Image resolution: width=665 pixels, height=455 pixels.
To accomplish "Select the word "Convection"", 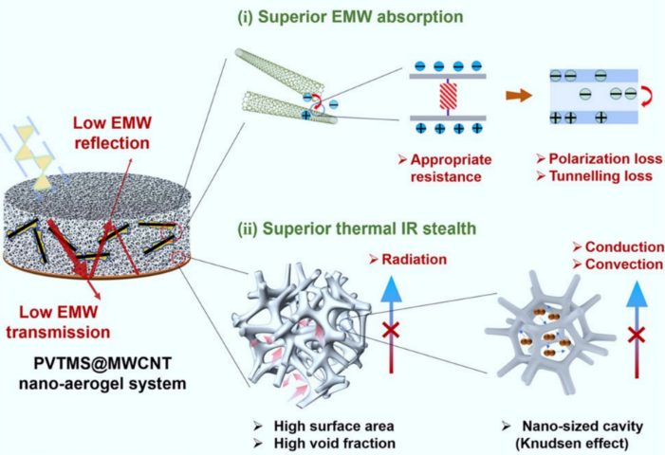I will click(x=620, y=264).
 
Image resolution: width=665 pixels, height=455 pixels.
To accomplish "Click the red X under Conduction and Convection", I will click(x=637, y=333).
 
